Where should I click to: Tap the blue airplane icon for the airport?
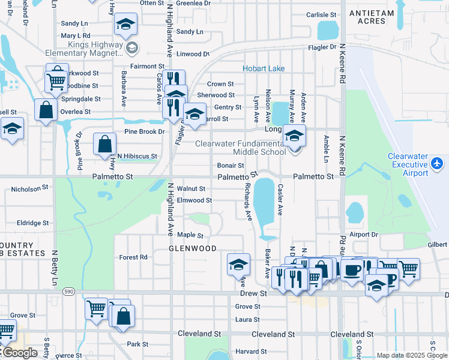[437, 163]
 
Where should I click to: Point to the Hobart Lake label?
[264, 69]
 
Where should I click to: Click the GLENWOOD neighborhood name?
[192, 248]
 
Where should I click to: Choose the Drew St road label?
[253, 293]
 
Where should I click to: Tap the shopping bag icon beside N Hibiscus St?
[104, 144]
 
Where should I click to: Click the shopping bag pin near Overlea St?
[46, 110]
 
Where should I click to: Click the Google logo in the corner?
[19, 353]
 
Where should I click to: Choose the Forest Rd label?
[133, 257]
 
